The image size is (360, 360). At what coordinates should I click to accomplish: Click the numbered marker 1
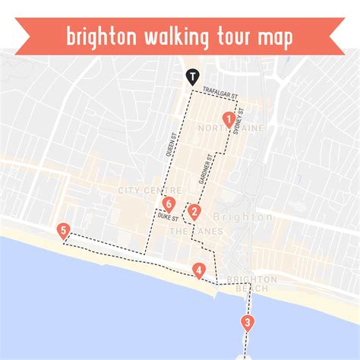[227, 118]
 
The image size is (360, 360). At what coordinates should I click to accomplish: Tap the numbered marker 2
[195, 212]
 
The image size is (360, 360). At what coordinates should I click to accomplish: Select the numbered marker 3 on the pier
[247, 322]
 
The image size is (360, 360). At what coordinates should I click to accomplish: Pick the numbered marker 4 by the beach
[198, 270]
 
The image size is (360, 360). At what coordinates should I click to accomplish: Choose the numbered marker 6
[169, 204]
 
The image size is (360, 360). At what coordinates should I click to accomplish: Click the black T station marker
[194, 76]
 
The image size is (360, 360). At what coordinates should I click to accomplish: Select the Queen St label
[173, 142]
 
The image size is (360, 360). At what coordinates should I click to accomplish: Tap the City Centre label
[149, 190]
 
